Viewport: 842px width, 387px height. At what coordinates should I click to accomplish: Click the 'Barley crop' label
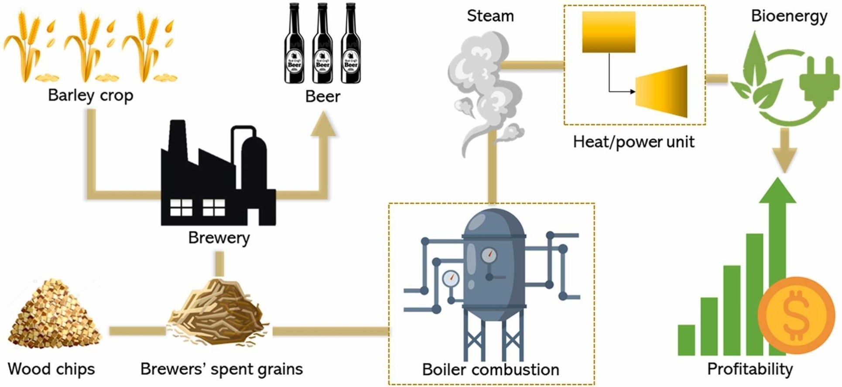pyautogui.click(x=90, y=95)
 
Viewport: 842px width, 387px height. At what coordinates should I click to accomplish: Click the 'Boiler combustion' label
pyautogui.click(x=490, y=370)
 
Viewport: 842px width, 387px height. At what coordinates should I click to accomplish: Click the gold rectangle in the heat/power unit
pyautogui.click(x=609, y=32)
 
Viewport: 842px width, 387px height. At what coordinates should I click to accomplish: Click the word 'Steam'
pyautogui.click(x=490, y=16)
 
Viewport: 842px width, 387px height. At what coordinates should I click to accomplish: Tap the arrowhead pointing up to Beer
pyautogui.click(x=323, y=124)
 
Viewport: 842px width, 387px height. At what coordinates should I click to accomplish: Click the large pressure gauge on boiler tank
pyautogui.click(x=489, y=255)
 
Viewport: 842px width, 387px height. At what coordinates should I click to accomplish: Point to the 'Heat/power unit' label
pyautogui.click(x=633, y=142)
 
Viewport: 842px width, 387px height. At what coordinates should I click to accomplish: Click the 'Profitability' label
pyautogui.click(x=750, y=369)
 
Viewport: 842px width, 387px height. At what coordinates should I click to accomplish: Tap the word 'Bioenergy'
pyautogui.click(x=789, y=16)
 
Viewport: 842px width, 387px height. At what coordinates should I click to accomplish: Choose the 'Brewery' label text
pyautogui.click(x=219, y=238)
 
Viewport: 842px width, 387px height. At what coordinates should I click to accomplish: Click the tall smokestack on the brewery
pyautogui.click(x=178, y=140)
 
